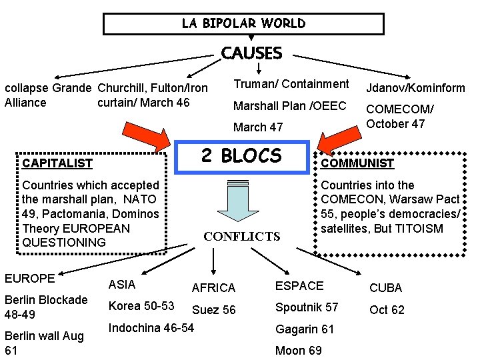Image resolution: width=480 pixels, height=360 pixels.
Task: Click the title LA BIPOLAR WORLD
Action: [243, 23]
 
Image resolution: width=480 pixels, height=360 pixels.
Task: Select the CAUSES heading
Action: [251, 53]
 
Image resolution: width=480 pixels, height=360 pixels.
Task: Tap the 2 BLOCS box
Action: [241, 156]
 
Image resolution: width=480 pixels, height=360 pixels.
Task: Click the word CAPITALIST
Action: [57, 163]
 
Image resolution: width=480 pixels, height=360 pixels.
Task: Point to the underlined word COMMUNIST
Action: [357, 163]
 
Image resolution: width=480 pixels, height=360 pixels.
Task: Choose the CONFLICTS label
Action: [241, 237]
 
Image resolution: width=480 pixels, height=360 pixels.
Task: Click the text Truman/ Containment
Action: [291, 84]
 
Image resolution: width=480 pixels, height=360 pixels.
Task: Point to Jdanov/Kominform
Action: [415, 88]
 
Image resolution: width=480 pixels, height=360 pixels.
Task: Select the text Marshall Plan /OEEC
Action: [290, 106]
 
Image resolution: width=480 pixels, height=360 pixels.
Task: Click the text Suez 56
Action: [213, 310]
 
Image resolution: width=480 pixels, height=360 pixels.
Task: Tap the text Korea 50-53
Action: [141, 306]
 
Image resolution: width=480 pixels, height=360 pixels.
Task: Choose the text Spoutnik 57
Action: [307, 307]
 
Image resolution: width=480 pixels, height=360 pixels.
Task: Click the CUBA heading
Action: [386, 288]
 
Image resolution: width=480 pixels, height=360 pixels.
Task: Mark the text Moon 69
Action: [298, 351]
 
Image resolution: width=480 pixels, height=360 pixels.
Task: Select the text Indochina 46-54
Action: [151, 327]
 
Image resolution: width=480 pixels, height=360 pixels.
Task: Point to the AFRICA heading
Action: [213, 288]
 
